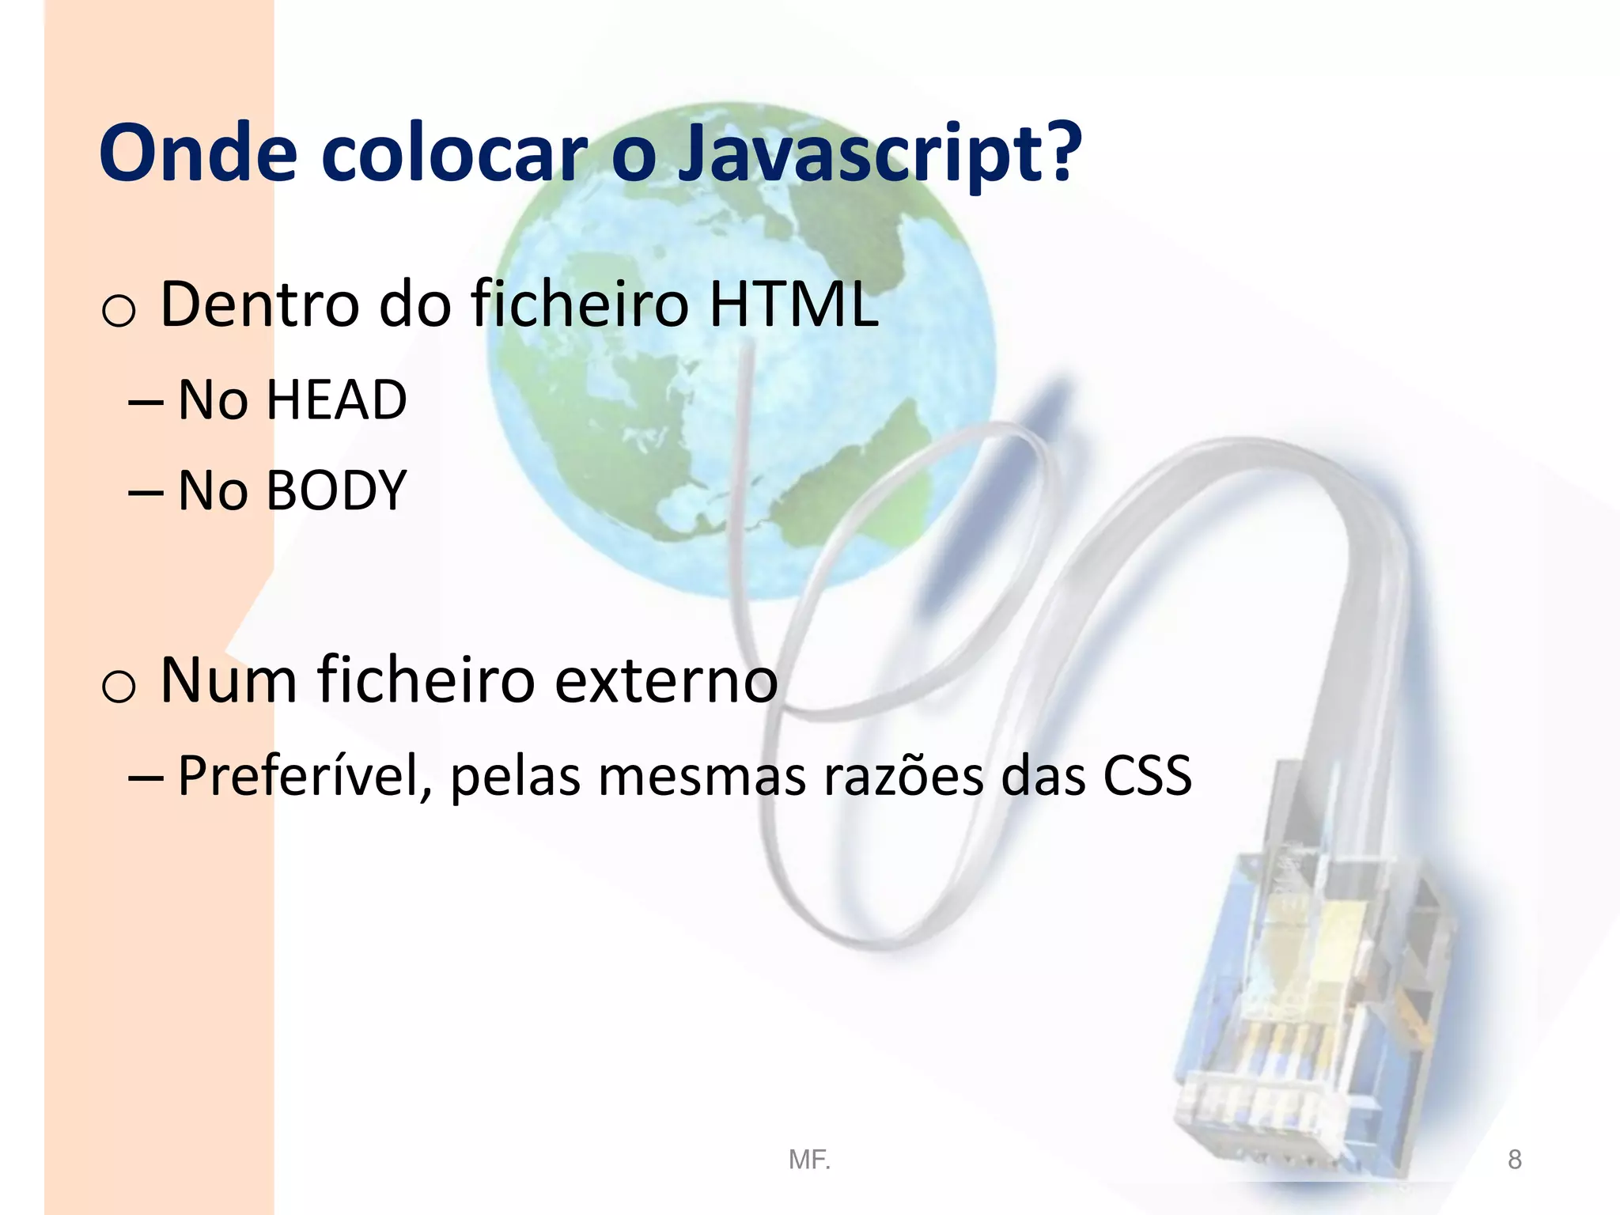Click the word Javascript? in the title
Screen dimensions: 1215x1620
click(x=878, y=154)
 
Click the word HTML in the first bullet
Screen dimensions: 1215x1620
click(x=793, y=304)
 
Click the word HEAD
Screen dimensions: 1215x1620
click(x=336, y=400)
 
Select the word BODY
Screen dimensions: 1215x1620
click(x=336, y=491)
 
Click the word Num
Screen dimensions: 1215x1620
click(x=229, y=680)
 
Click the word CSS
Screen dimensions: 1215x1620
click(x=1147, y=776)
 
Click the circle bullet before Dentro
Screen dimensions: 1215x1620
click(x=119, y=311)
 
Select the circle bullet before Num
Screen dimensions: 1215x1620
click(x=119, y=687)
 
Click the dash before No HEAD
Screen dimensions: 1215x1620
click(x=146, y=403)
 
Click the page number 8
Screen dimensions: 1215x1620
click(x=1514, y=1160)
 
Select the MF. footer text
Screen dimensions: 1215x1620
click(x=809, y=1160)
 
